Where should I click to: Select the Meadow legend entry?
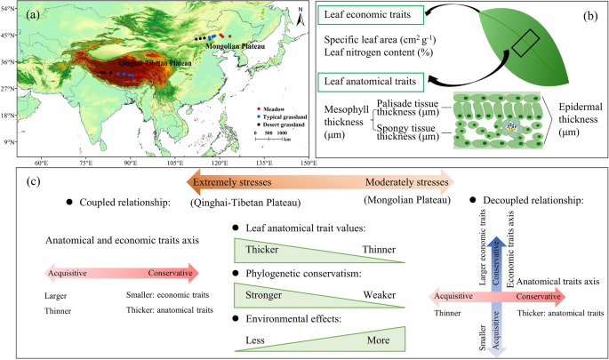point(271,108)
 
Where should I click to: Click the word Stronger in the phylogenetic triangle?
point(264,294)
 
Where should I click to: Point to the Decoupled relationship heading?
point(532,201)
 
